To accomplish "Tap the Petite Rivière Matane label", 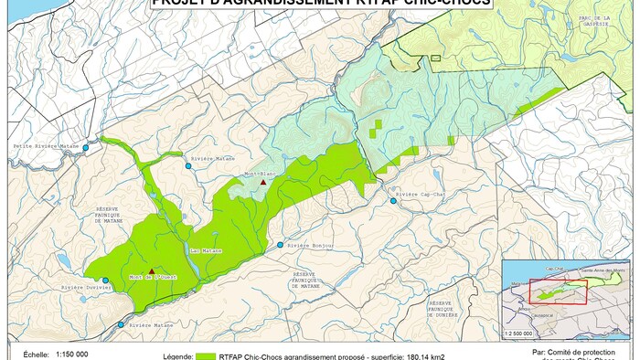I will (x=45, y=146).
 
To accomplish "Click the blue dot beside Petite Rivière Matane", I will (x=86, y=147).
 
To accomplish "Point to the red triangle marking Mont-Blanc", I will (x=264, y=183).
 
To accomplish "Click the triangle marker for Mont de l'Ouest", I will (x=152, y=270).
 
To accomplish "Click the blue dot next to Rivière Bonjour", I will (x=281, y=245).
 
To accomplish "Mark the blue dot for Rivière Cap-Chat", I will (x=394, y=200).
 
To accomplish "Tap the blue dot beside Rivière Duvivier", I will (x=105, y=281).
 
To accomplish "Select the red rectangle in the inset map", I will (x=558, y=290).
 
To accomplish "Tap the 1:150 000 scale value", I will (x=72, y=355).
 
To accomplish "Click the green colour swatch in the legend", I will (x=205, y=355).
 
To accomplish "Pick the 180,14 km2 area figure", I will (x=418, y=355).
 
